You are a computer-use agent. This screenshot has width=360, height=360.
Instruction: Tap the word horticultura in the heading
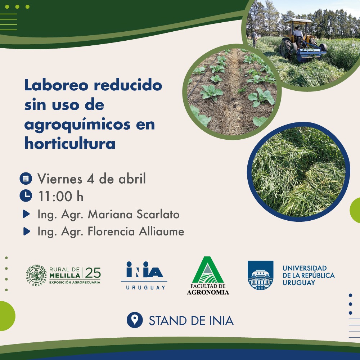click(70, 143)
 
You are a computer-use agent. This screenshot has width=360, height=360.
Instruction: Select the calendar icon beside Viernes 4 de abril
click(26, 178)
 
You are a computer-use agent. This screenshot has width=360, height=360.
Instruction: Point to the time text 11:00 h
click(60, 197)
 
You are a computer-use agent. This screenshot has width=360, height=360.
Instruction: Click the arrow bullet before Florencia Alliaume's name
click(26, 231)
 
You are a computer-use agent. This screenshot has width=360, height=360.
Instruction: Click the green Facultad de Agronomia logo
click(208, 275)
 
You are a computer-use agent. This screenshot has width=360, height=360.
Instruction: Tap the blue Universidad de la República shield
click(260, 275)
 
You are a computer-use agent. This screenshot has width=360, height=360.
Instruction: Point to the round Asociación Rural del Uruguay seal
click(36, 276)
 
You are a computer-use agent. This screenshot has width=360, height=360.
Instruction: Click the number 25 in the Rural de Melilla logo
click(93, 273)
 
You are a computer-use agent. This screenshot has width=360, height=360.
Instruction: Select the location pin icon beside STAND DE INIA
click(135, 320)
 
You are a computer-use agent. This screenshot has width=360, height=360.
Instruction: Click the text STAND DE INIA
click(191, 320)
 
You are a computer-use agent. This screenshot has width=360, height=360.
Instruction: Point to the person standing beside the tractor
click(255, 38)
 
